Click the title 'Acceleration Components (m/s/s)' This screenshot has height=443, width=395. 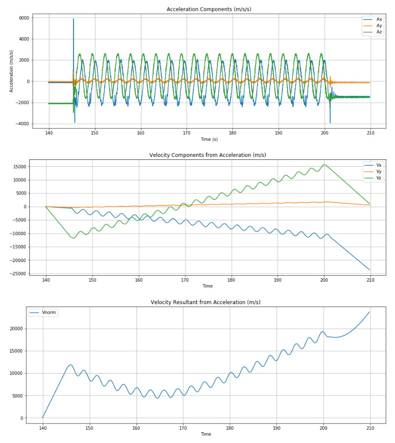coord(209,9)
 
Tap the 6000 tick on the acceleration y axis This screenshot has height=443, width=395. coord(23,18)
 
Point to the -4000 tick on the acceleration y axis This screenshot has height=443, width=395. coord(22,124)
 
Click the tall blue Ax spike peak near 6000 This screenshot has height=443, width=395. coord(73,19)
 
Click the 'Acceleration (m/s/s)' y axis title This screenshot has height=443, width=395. coord(12,71)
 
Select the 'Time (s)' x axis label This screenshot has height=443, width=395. coord(209,139)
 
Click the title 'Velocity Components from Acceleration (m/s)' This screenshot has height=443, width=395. coord(208,155)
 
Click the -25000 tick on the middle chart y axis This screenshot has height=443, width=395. coord(18,273)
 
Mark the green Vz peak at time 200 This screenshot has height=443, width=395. coord(324,164)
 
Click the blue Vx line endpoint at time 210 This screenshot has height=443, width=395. coord(370,270)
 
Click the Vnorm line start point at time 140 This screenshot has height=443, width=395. coord(43,418)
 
